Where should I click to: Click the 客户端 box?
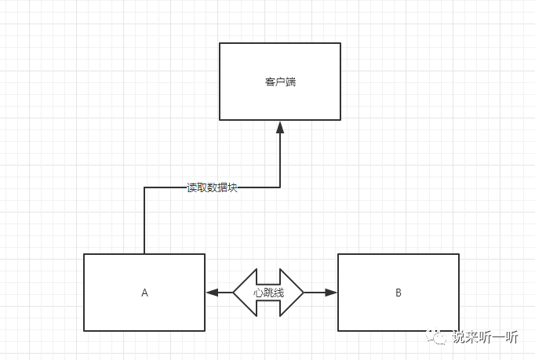279,82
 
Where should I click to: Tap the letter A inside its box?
144,293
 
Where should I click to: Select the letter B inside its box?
399,293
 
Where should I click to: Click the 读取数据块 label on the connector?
212,187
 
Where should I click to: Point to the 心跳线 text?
268,292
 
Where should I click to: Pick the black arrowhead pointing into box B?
330,293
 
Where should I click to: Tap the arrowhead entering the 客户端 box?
280,126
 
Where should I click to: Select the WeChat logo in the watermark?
436,337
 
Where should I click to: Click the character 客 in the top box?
270,82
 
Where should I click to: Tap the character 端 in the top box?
290,82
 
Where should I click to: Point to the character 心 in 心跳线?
258,292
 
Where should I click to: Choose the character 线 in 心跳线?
278,292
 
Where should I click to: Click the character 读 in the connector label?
191,187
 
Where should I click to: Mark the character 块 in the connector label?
232,187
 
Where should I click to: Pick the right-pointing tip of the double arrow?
302,293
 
